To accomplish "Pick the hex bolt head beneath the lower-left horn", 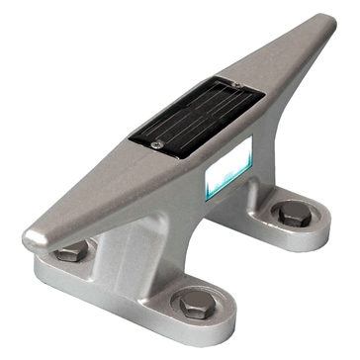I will click(69, 253).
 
